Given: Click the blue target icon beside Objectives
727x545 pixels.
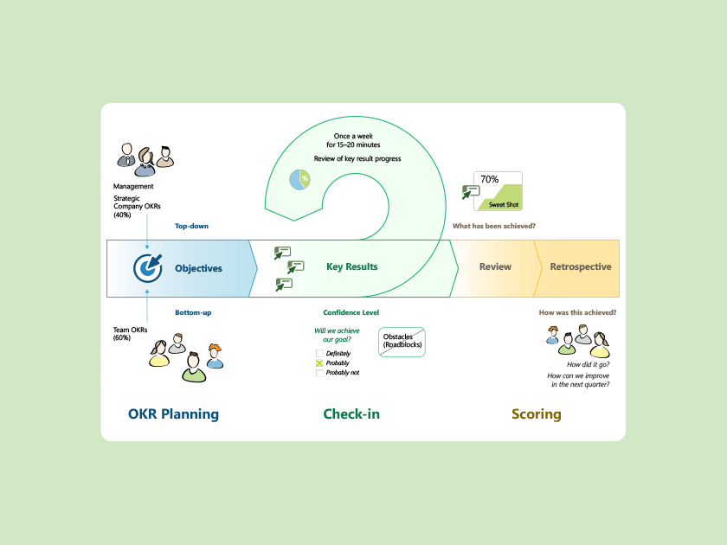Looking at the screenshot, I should tap(148, 267).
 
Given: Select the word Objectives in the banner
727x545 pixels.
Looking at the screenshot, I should tap(198, 268).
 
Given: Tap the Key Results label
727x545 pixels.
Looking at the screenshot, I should tap(351, 266).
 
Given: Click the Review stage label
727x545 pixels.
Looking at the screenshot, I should tap(495, 266).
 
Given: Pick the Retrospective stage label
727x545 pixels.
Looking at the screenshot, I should tap(580, 266).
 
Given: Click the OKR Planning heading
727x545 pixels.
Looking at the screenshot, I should tap(173, 414).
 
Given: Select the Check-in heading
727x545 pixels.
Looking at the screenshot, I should tap(351, 414).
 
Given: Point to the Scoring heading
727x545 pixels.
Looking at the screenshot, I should tap(536, 414).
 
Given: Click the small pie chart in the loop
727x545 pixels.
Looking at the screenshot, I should tap(299, 178).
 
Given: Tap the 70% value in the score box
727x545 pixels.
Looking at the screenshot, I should tap(489, 179).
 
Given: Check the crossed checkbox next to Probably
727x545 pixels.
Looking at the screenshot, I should tap(319, 363).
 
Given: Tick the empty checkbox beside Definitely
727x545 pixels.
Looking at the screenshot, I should tap(319, 354).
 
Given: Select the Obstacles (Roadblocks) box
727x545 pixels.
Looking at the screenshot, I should tap(402, 341).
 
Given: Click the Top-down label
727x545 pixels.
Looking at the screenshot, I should tap(191, 226).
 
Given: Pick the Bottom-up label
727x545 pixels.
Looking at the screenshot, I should tap(193, 311).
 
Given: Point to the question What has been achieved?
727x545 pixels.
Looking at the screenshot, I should tap(493, 226).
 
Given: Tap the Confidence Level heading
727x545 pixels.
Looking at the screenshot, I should tap(351, 312).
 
